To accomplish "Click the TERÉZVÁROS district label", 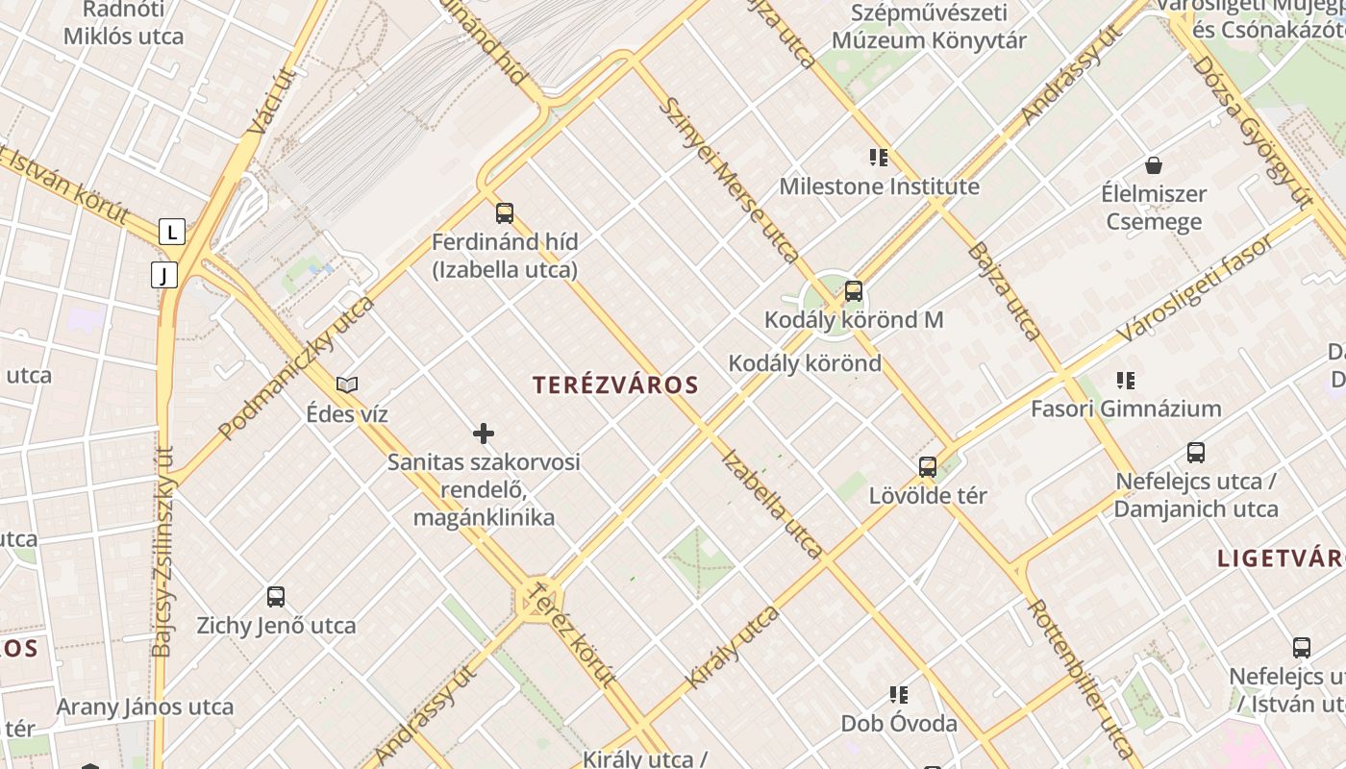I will coord(615,385).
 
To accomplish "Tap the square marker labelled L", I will coord(172,232).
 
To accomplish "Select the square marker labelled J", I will coord(164,276).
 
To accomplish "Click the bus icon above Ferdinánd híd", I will coord(505,213).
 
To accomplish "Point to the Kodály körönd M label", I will coord(854,320).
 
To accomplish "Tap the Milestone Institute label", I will coord(879,186).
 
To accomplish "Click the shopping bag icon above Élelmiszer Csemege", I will coord(1154,165).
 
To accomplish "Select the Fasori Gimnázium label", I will coord(1126,409).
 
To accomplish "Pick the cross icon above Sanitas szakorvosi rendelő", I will coord(484,434).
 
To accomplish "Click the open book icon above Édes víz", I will coord(347,384).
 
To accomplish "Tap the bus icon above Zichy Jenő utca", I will coord(276,597).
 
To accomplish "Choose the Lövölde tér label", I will coord(928,496).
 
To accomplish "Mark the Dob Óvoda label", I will coord(899,723).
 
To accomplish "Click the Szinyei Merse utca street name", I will coord(730,180).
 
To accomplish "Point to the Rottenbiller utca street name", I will coord(1081,679).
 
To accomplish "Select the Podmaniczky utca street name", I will coord(296,368).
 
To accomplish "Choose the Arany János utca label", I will coord(144,707).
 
